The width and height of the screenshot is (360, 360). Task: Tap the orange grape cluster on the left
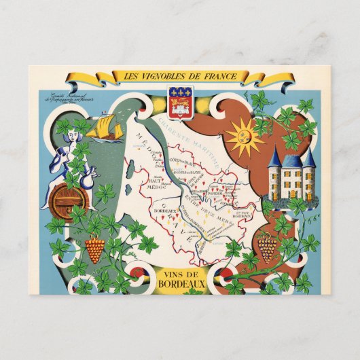[x=94, y=249]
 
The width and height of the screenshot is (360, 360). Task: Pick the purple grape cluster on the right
[x=267, y=249]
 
